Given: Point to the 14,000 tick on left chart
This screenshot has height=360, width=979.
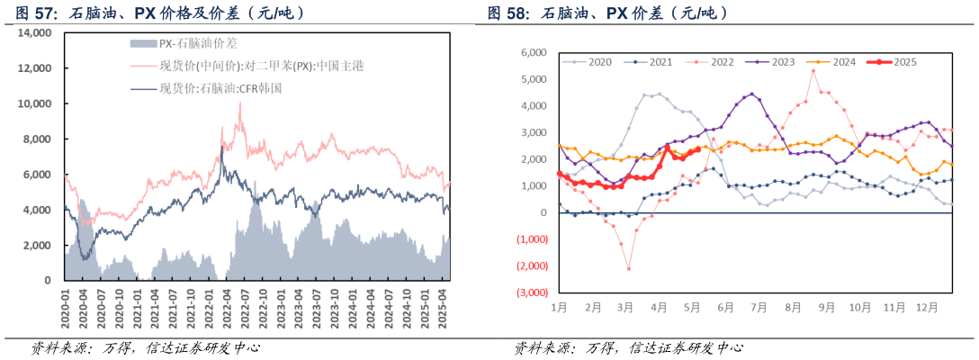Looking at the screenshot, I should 35,32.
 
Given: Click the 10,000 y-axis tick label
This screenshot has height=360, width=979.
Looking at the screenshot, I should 35,103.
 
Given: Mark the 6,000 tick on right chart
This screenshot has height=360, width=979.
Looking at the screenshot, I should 534,52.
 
